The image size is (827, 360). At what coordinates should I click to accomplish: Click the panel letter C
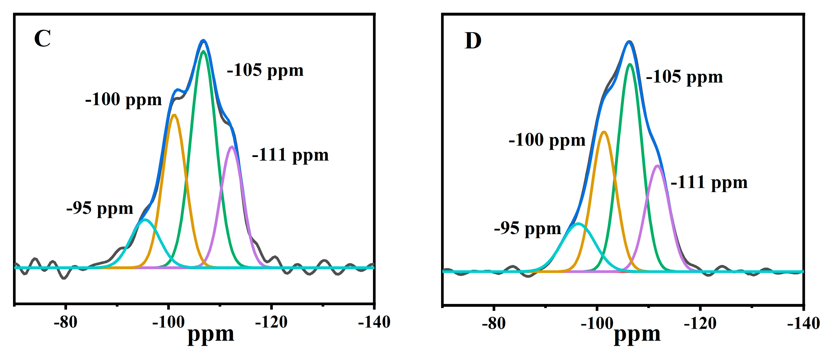[x=42, y=38]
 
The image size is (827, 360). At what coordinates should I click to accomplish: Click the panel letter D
[x=473, y=41]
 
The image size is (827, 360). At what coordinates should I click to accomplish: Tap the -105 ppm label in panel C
[x=265, y=70]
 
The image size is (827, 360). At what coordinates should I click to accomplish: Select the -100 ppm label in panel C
[x=123, y=99]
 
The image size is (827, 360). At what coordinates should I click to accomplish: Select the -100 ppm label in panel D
[x=547, y=140]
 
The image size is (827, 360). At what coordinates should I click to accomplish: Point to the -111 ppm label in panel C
[x=290, y=155]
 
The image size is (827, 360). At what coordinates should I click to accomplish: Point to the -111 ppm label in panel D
[x=709, y=182]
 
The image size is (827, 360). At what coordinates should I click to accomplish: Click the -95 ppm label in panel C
[x=100, y=208]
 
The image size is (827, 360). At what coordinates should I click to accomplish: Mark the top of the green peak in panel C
[x=203, y=51]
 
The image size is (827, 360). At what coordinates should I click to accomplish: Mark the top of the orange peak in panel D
[x=604, y=132]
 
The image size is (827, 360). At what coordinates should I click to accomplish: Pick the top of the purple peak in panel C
[x=232, y=147]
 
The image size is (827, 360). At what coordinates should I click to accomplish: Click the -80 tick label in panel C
[x=66, y=322]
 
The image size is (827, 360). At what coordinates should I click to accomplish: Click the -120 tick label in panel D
[x=700, y=323]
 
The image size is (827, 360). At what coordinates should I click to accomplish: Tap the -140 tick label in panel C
[x=374, y=322]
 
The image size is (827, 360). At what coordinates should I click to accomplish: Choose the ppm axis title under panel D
[x=637, y=335]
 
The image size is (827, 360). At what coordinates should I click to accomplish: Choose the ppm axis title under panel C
[x=211, y=335]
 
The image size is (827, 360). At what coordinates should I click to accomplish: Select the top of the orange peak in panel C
[x=174, y=115]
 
